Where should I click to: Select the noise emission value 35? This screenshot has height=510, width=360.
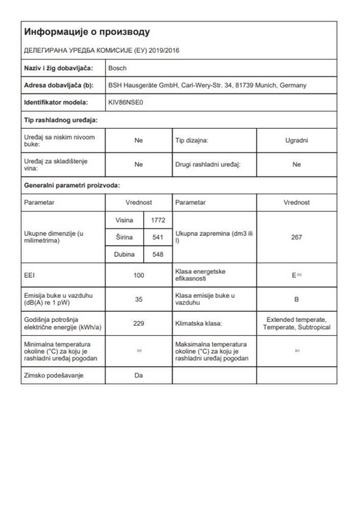[x=139, y=300]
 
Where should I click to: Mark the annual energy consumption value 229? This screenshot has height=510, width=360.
[x=139, y=323]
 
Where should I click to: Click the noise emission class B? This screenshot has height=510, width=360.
[x=296, y=300]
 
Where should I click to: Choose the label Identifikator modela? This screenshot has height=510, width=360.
[x=56, y=102]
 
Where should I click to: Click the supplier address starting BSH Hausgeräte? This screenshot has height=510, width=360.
[x=207, y=85]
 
